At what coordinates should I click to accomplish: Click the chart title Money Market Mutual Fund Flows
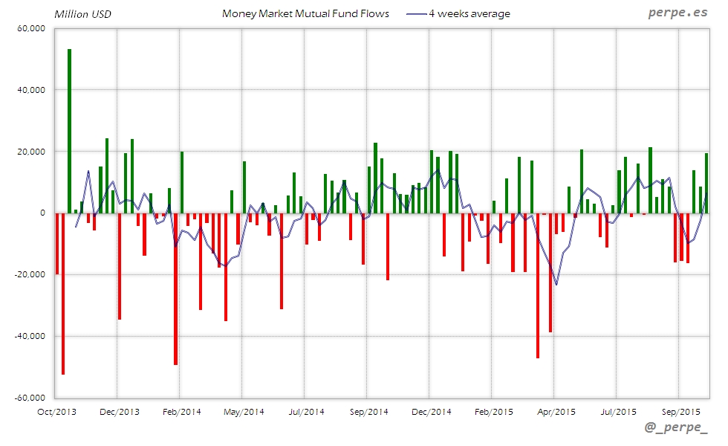pos(305,13)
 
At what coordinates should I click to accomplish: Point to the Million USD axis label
pos(82,14)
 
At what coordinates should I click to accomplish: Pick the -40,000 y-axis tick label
pos(30,336)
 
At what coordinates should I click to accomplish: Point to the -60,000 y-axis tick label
pos(30,398)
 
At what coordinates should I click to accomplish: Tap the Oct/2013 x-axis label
pos(56,411)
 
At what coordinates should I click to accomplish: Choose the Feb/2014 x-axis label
pos(181,411)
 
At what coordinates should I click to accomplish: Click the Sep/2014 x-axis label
pos(368,411)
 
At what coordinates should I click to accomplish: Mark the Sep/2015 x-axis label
pos(680,411)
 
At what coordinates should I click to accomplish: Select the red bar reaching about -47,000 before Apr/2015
pos(538,285)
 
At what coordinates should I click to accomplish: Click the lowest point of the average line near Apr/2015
pos(556,285)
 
